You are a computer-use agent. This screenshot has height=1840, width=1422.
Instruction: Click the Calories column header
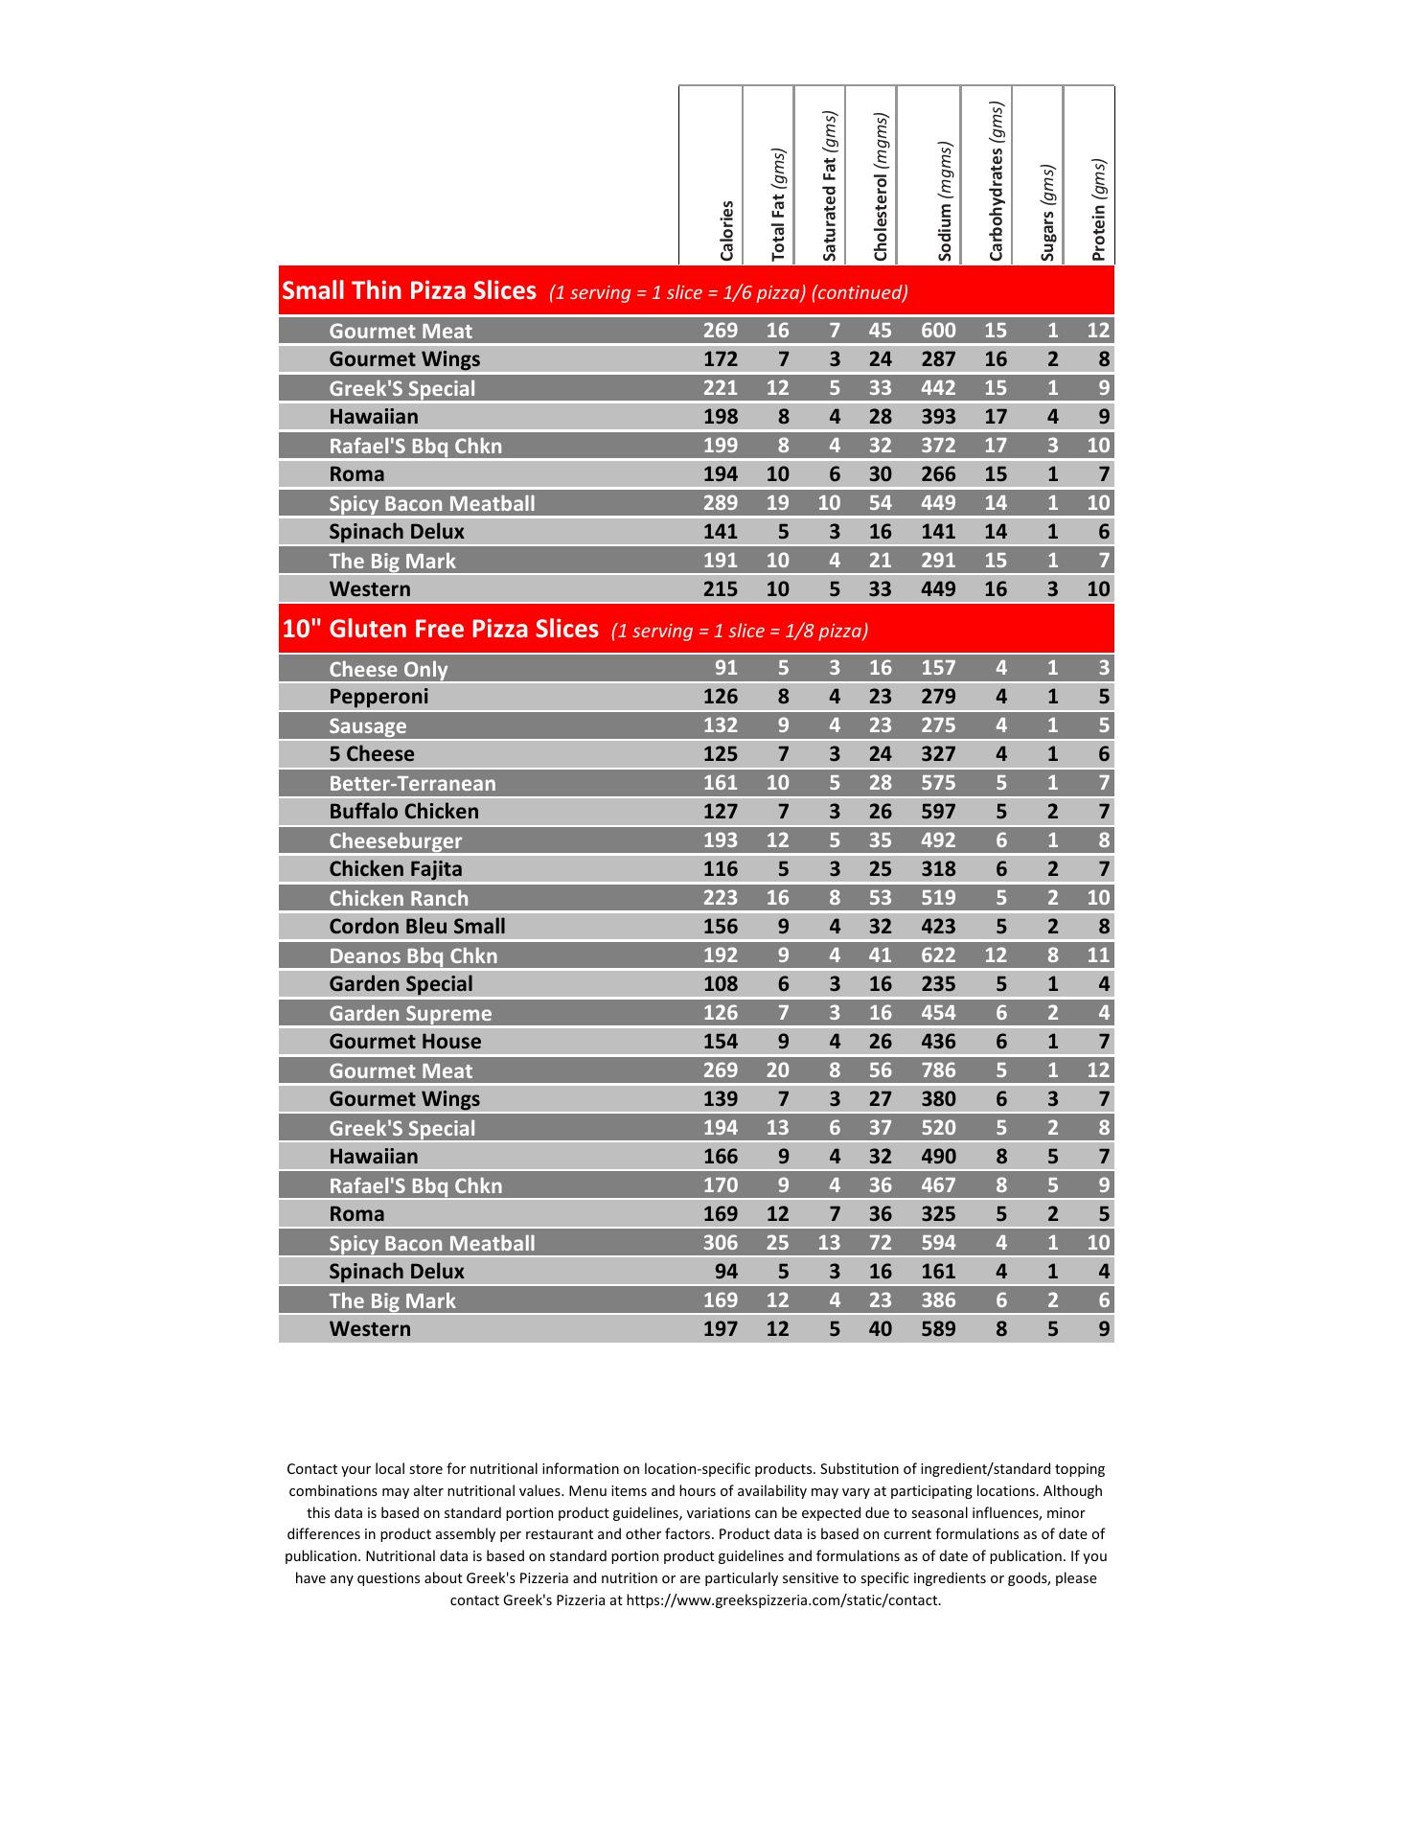[x=726, y=230]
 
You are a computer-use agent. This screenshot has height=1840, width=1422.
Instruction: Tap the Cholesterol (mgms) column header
[x=881, y=187]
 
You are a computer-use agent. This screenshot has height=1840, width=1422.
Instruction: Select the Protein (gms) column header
[x=1098, y=209]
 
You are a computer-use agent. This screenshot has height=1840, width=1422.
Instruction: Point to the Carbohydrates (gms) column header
[x=997, y=181]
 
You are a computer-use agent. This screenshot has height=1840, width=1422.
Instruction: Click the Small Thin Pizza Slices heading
[x=409, y=291]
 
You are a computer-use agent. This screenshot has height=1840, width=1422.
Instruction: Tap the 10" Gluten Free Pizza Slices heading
[x=440, y=630]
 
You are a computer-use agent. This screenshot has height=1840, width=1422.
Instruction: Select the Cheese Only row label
[x=388, y=669]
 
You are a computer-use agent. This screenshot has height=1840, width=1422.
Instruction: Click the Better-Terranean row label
[x=412, y=783]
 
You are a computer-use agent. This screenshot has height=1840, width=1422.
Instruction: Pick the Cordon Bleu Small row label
[x=417, y=927]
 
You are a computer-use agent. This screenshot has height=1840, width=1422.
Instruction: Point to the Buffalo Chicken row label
[x=403, y=812]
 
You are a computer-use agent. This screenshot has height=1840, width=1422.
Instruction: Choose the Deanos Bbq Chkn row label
[x=413, y=955]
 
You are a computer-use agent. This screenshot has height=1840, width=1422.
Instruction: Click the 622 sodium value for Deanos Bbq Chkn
[x=938, y=955]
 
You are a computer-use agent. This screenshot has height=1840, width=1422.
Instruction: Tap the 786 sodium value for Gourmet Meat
[x=938, y=1070]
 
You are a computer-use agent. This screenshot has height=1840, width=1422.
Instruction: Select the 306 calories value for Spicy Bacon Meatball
[x=721, y=1243]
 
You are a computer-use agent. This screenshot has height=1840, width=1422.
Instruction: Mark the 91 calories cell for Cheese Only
[x=726, y=668]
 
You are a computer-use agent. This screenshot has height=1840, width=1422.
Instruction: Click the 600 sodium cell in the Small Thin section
[x=938, y=331]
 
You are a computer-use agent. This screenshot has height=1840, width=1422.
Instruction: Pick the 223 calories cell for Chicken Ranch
[x=721, y=898]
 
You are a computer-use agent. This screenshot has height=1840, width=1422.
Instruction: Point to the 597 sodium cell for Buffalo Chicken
[x=938, y=812]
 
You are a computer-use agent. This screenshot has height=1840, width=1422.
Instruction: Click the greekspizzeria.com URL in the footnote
[x=783, y=1600]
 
